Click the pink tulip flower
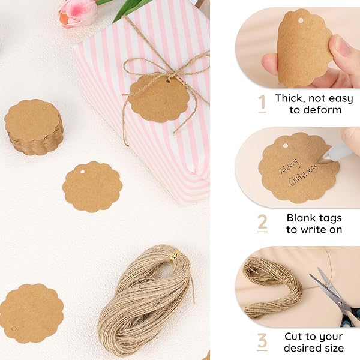[78, 13]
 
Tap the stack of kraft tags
[34, 127]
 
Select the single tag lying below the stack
[92, 187]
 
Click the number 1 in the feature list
[262, 104]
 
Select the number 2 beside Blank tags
[262, 223]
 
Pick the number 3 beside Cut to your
[262, 341]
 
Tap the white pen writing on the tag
[339, 151]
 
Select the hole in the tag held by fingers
[299, 20]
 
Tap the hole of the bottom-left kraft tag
[14, 328]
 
